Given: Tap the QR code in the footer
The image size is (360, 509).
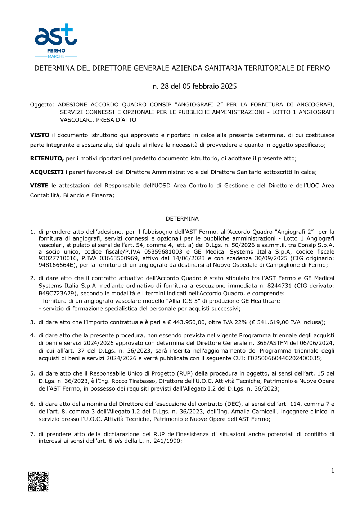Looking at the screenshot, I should (x=39, y=481).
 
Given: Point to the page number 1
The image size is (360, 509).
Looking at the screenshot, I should (x=332, y=471).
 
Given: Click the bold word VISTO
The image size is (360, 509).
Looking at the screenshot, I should (x=40, y=135).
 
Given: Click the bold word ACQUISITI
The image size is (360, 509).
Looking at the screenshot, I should (x=47, y=172).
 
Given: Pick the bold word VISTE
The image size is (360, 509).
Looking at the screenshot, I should (x=39, y=186).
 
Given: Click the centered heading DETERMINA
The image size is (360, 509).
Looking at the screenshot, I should (x=182, y=219).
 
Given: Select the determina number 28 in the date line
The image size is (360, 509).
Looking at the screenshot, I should (x=165, y=86).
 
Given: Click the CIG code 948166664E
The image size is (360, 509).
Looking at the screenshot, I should (x=57, y=265).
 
